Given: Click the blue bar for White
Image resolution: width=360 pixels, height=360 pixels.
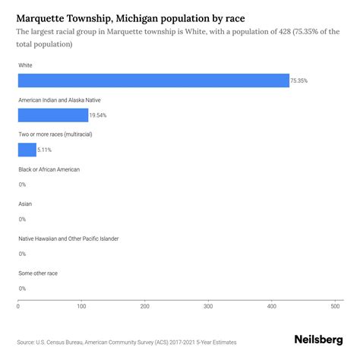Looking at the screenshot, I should [153, 81].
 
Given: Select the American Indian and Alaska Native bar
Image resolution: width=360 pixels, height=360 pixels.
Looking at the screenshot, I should [53, 115].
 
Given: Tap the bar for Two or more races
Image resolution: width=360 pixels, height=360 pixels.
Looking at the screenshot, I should [27, 150].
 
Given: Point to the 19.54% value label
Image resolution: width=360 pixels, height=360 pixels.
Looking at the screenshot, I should [99, 115].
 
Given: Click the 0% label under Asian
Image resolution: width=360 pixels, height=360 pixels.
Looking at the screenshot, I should [22, 219].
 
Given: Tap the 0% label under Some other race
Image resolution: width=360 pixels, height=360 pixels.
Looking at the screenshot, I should [22, 289].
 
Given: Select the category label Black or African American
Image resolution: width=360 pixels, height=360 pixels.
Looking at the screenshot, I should [49, 169].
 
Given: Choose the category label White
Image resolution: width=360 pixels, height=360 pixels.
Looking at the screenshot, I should [26, 65].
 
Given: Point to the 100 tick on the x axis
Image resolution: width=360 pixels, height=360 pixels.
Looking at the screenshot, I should [81, 307].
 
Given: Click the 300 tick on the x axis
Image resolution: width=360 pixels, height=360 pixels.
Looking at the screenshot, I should [208, 307].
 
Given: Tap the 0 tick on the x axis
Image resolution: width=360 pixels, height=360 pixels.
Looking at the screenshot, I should [18, 307].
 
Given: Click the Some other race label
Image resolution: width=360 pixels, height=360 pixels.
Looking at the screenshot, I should [38, 273].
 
